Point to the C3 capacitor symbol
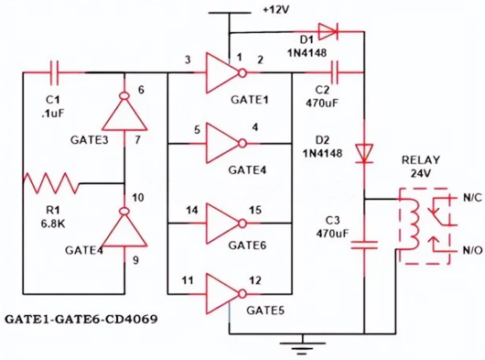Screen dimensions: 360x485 pyautogui.click(x=364, y=245)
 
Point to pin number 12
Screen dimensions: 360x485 pyautogui.click(x=254, y=278)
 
